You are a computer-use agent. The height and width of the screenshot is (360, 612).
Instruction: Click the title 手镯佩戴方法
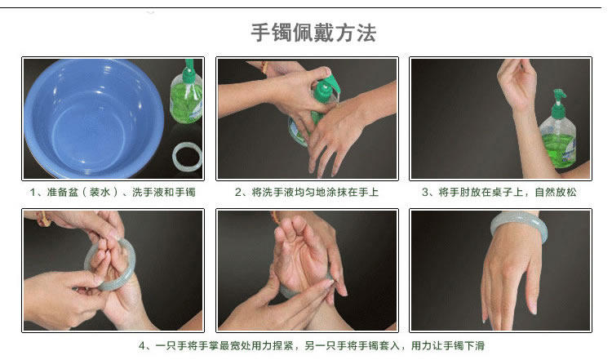pyautogui.click(x=313, y=33)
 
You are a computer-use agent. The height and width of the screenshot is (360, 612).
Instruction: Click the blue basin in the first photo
pyautogui.click(x=94, y=118)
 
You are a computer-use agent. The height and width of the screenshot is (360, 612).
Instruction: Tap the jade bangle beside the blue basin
pyautogui.click(x=187, y=157)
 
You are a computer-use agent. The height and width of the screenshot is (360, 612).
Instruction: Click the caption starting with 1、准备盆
pyautogui.click(x=113, y=192)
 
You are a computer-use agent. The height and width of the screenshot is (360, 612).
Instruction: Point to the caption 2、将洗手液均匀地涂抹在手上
pyautogui.click(x=307, y=192)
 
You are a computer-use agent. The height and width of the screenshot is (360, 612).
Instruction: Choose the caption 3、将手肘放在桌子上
pyautogui.click(x=499, y=192)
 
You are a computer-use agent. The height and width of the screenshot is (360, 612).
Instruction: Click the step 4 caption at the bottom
pyautogui.click(x=312, y=345)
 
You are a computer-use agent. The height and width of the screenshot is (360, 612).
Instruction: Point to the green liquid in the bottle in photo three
pyautogui.click(x=558, y=150)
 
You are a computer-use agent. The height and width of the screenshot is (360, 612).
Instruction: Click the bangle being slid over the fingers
pyautogui.click(x=110, y=264)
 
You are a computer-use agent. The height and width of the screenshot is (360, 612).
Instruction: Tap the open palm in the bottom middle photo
pyautogui.click(x=299, y=261)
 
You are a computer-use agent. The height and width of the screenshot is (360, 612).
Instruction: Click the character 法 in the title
pyautogui.click(x=366, y=33)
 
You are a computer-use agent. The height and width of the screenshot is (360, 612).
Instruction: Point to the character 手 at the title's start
pyautogui.click(x=260, y=33)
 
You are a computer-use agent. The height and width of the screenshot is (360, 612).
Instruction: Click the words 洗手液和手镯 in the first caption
pyautogui.click(x=164, y=192)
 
